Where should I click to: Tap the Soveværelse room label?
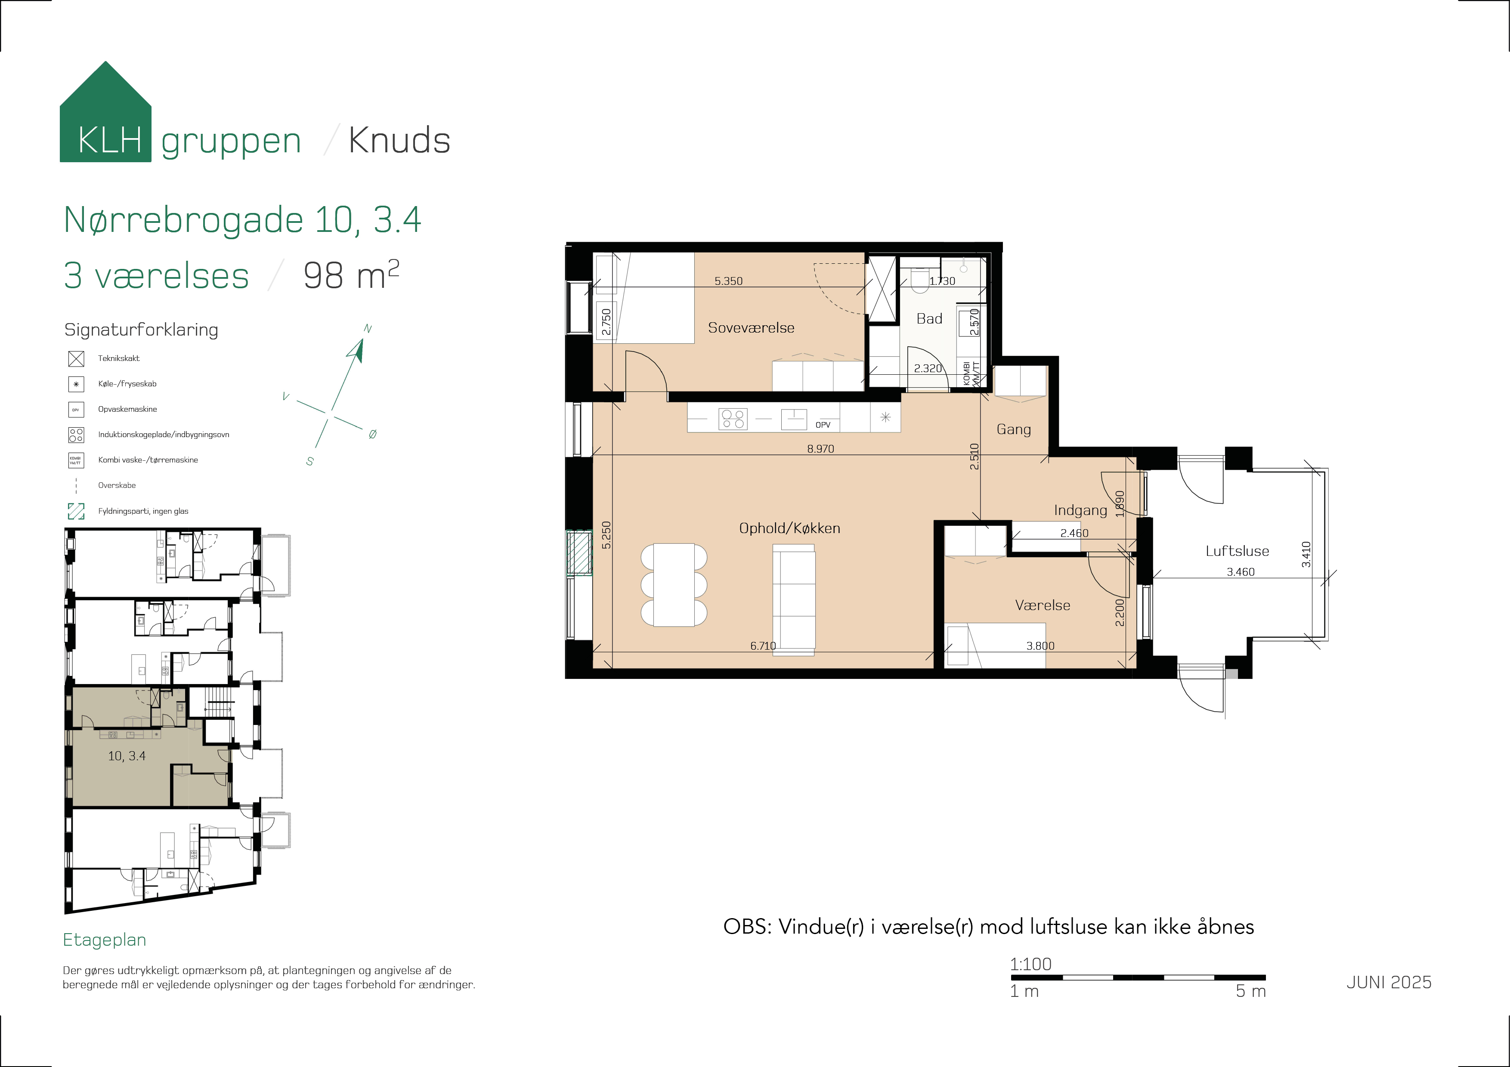(x=751, y=327)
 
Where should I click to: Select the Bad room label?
(x=929, y=319)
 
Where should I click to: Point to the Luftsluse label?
(x=1237, y=551)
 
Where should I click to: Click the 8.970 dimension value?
(x=820, y=448)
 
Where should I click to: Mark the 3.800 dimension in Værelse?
(x=1040, y=646)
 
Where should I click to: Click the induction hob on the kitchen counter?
(x=733, y=419)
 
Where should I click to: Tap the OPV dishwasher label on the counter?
(x=823, y=425)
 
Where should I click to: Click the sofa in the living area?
(x=794, y=601)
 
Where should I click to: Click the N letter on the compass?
(x=368, y=329)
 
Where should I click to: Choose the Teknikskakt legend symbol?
(x=76, y=358)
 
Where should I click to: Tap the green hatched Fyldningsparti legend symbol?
(x=76, y=511)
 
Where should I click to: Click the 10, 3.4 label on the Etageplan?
(x=127, y=756)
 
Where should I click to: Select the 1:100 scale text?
(x=1030, y=964)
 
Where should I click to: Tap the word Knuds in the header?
(x=399, y=140)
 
